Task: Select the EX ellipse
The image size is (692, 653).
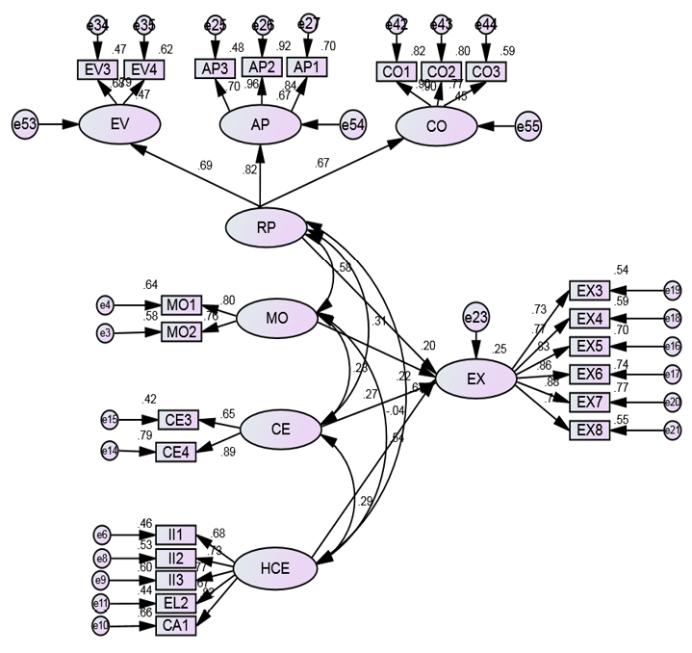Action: click(x=475, y=379)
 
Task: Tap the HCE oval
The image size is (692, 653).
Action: click(x=275, y=566)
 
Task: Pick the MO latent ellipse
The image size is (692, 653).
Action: click(x=276, y=319)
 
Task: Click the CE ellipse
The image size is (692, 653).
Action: click(x=280, y=430)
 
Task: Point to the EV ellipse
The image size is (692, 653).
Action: click(x=120, y=124)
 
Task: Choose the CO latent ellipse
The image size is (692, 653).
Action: click(x=436, y=126)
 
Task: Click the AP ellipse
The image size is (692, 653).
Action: click(x=260, y=124)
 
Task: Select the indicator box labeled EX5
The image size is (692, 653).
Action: click(x=589, y=346)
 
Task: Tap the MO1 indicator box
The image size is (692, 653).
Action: click(x=181, y=305)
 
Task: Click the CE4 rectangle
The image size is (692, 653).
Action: click(x=177, y=451)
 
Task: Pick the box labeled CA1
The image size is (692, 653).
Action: click(x=176, y=626)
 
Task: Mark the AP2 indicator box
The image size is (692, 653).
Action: click(x=262, y=65)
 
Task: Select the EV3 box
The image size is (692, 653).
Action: click(x=97, y=68)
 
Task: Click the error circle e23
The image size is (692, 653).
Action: click(x=475, y=315)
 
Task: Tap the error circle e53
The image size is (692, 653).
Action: click(x=25, y=124)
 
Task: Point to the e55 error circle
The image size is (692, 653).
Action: click(x=528, y=126)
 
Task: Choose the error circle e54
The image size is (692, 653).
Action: click(x=354, y=124)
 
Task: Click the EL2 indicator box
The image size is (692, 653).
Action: click(x=176, y=603)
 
